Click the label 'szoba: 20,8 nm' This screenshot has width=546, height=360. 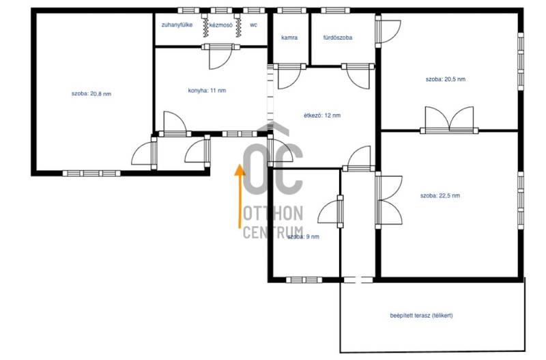pos(91,94)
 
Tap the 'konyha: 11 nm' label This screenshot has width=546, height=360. pos(207,91)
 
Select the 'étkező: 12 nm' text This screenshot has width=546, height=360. pos(322,115)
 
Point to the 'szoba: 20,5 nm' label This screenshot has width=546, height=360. pos(446,79)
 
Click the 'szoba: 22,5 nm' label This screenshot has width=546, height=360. pos(440,195)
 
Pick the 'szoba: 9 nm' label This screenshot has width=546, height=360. pos(303,236)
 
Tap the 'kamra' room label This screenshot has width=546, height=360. pos(289,38)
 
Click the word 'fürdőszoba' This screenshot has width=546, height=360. pos(337,38)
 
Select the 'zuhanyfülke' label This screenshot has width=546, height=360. pos(177,25)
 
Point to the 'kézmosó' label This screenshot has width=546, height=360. pos(220,25)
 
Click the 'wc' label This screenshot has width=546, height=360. pos(253,25)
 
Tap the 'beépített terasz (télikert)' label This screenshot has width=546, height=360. pos(421,316)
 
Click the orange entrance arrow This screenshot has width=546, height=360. pos(240,196)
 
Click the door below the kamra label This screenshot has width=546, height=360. pos(289,77)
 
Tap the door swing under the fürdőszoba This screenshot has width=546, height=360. pos(358,77)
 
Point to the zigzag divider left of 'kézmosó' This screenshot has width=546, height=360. pos(206,26)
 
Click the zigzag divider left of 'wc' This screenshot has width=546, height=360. pos(238,26)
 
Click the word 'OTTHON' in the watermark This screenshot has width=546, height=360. pos(272,213)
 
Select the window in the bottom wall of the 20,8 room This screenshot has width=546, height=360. pos(91,174)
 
